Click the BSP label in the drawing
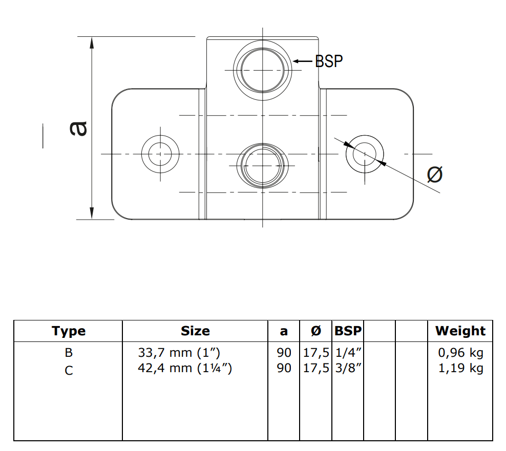[x=328, y=61]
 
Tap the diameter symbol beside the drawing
[x=435, y=175]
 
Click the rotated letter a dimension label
[x=78, y=128]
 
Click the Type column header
[x=69, y=331]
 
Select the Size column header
[x=195, y=331]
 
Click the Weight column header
[x=460, y=331]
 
